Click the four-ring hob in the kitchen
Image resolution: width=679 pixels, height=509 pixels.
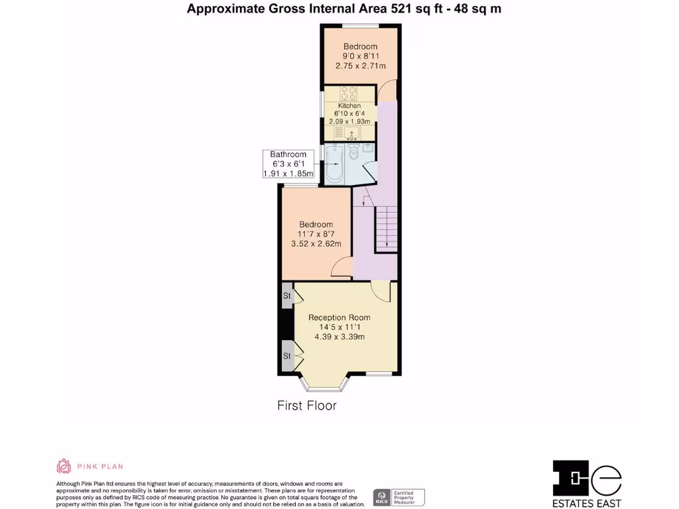pyautogui.click(x=349, y=92)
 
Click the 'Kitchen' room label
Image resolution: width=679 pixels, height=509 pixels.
pyautogui.click(x=349, y=106)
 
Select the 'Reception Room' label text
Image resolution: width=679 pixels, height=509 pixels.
pyautogui.click(x=339, y=317)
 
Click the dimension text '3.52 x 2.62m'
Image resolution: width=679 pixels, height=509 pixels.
pyautogui.click(x=316, y=244)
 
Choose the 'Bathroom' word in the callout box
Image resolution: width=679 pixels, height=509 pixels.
pyautogui.click(x=288, y=154)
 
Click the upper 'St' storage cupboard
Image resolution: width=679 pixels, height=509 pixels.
pyautogui.click(x=286, y=296)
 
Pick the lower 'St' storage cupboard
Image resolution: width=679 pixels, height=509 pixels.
pyautogui.click(x=286, y=356)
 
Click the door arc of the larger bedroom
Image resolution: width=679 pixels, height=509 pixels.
pyautogui.click(x=341, y=268)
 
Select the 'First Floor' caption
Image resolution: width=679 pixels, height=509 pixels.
pyautogui.click(x=306, y=406)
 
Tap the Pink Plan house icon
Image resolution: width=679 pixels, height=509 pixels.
pyautogui.click(x=64, y=467)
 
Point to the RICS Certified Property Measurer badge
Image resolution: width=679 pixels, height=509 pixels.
pyautogui.click(x=399, y=497)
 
